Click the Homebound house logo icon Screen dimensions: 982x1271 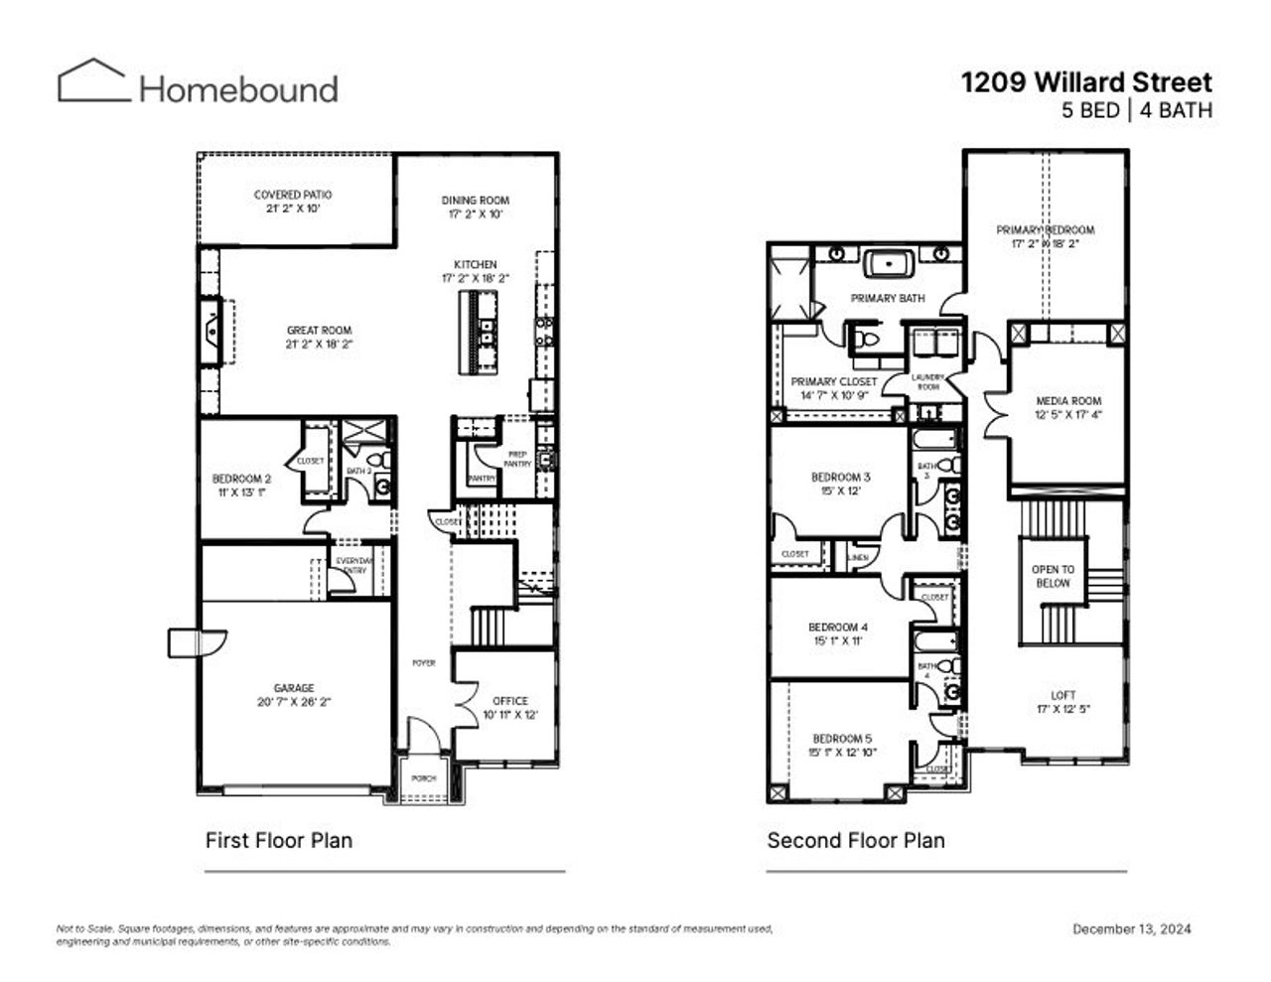coord(93,80)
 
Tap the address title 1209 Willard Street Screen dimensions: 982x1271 coord(1085,82)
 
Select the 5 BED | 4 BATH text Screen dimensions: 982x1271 coord(1136,110)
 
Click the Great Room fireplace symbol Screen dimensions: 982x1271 coord(212,331)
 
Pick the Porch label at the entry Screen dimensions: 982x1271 coord(424,778)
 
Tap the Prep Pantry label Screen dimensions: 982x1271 coord(517,459)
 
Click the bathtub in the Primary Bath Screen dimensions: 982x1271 coord(889,264)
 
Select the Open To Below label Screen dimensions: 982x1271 coord(1053,577)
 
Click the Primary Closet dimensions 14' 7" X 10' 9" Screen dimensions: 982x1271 coord(833,395)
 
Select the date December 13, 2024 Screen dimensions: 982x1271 coord(1131,929)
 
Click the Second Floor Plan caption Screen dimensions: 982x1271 coord(855,840)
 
